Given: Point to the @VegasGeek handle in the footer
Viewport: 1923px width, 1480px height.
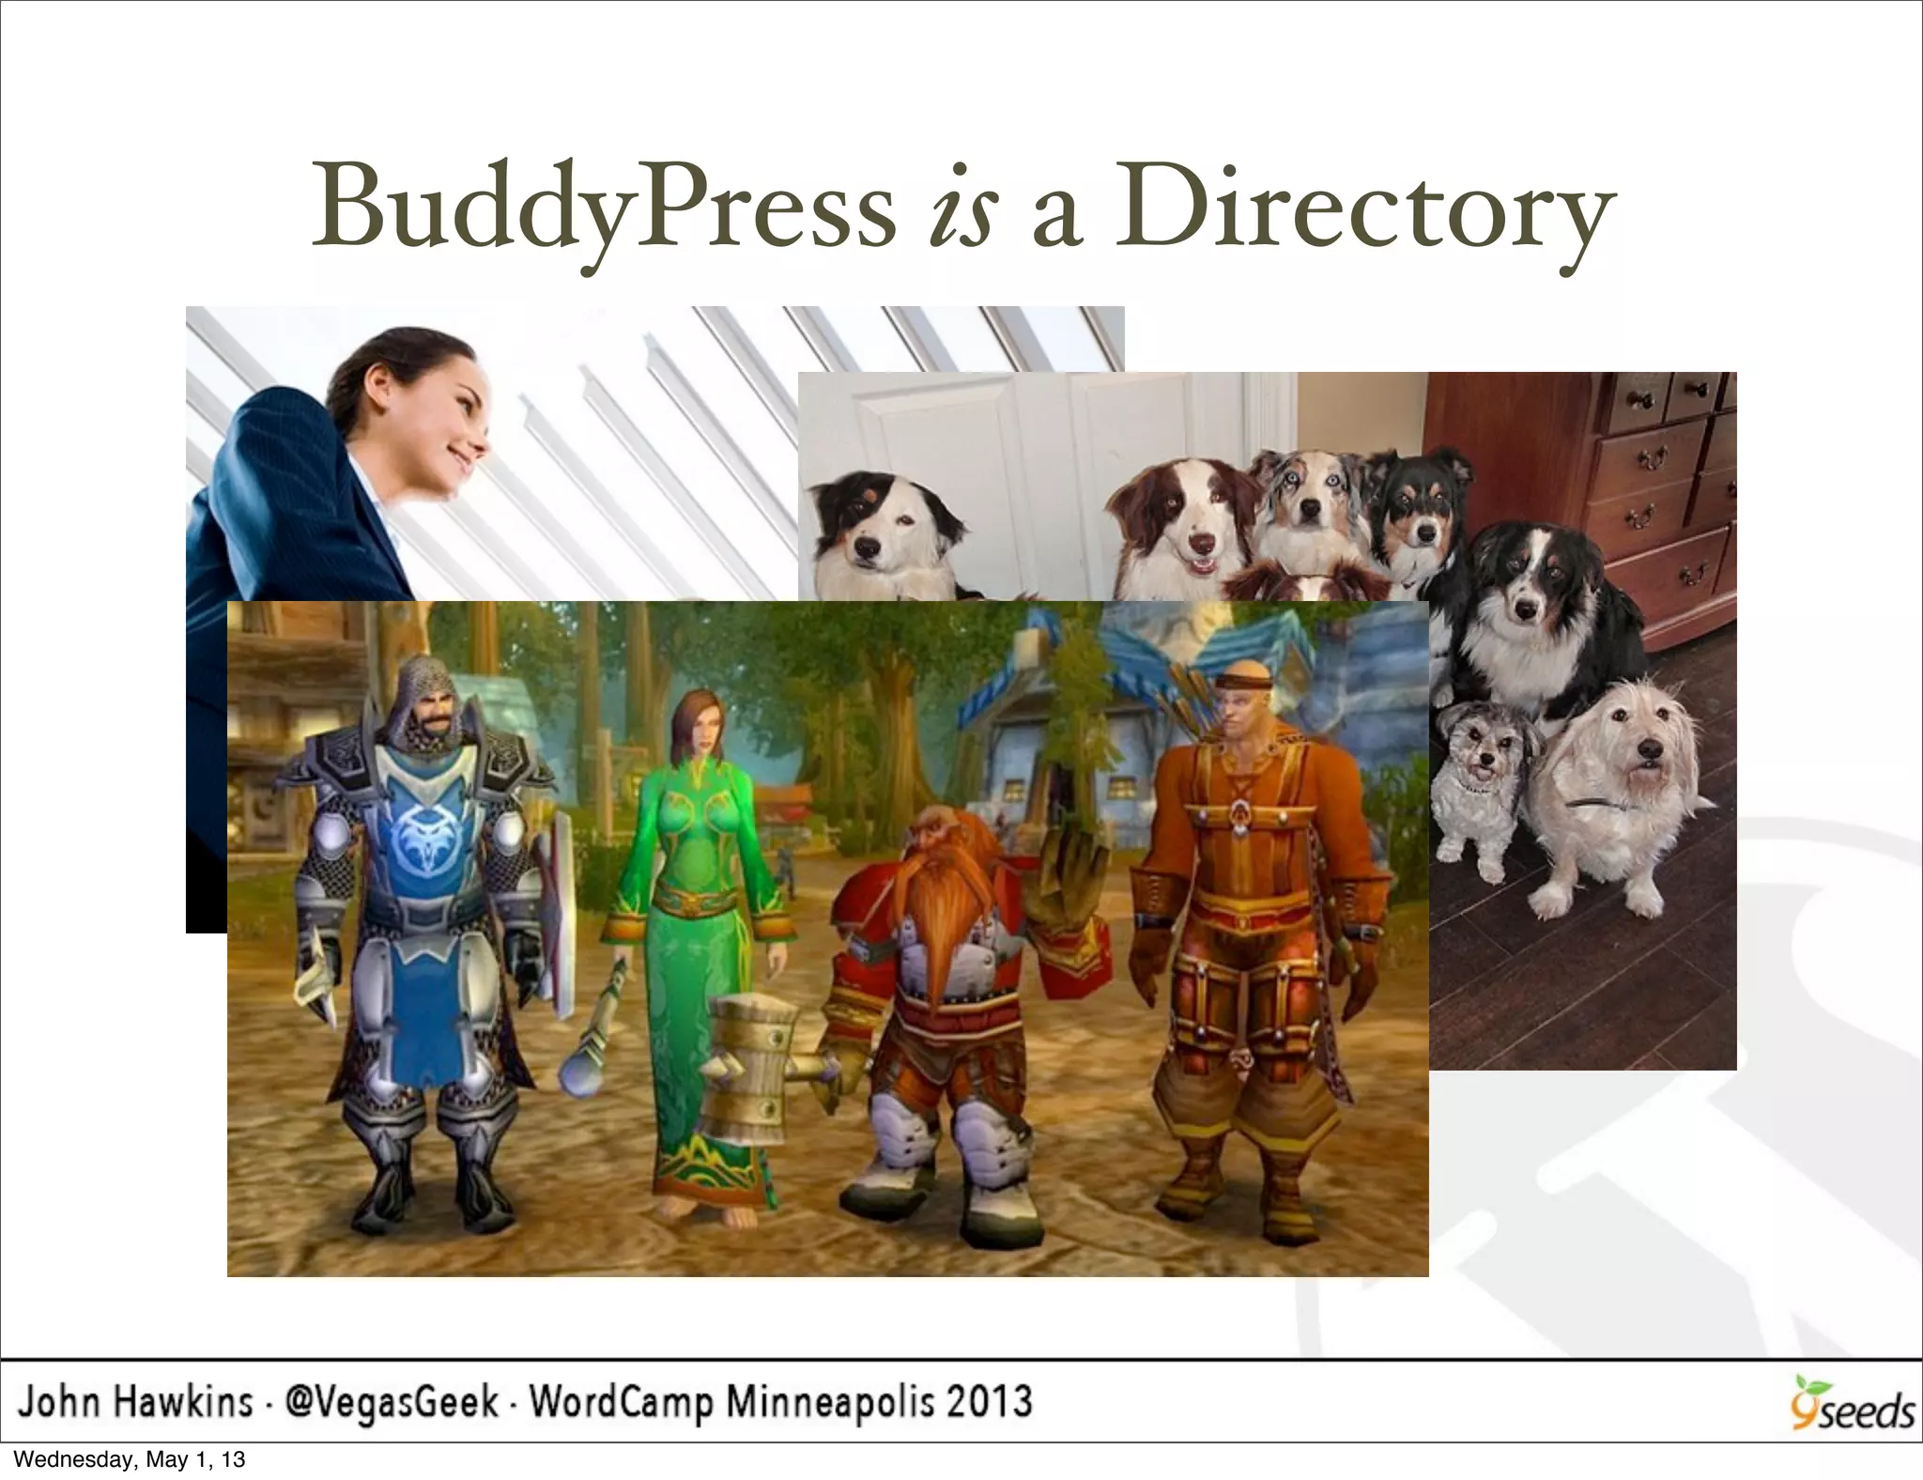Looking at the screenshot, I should coord(392,1402).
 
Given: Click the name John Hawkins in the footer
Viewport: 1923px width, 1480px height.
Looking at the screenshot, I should coord(136,1402).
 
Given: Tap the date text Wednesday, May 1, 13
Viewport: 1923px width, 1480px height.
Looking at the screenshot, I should coord(130,1459).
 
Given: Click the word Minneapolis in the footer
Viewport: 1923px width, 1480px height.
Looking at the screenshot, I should coord(830,1402).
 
